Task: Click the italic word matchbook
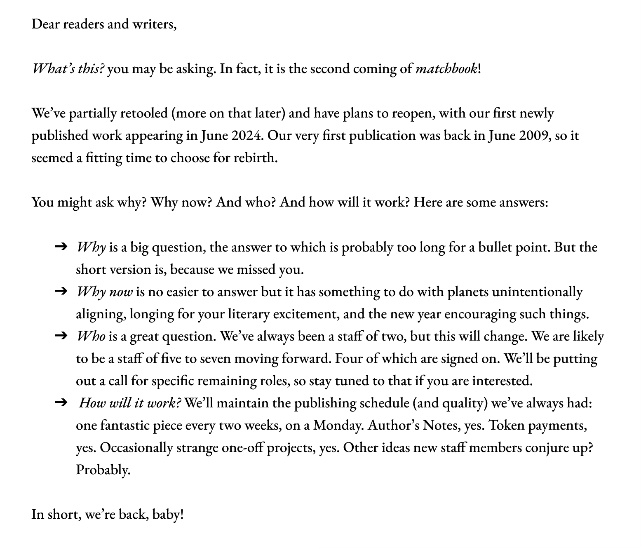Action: coord(446,68)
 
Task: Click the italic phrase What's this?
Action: coord(68,68)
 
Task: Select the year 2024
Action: coord(247,135)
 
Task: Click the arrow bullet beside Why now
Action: coord(61,292)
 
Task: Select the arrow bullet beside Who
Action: coord(61,336)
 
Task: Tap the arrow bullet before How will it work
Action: coord(61,403)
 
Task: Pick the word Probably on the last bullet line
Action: coord(103,470)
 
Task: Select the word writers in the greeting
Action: coord(154,24)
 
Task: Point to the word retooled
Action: coord(143,113)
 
